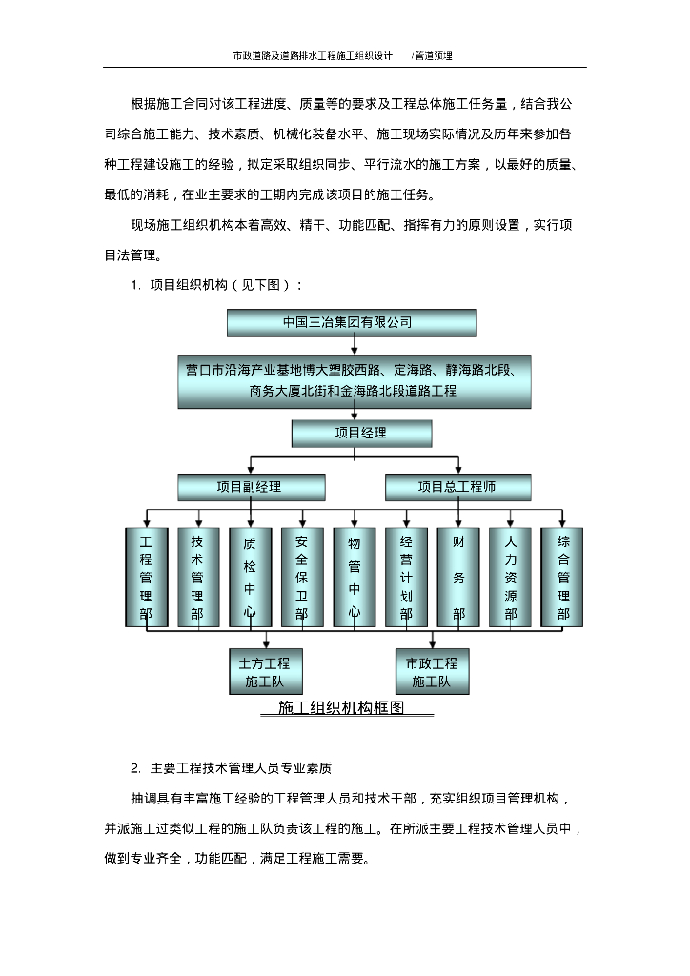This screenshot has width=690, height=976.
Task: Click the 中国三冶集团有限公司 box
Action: (351, 322)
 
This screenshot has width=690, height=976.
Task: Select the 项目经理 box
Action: (361, 434)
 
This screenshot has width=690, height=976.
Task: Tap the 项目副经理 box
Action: (251, 487)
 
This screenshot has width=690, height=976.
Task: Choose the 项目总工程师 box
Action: (457, 487)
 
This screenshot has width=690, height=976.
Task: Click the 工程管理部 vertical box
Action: (146, 578)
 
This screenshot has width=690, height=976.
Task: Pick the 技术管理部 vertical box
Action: (198, 578)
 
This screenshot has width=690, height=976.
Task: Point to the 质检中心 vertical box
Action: (250, 578)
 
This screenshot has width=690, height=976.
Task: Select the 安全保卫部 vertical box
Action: (302, 578)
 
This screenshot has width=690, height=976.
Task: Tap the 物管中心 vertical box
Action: (354, 578)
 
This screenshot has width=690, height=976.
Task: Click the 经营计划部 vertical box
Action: (406, 578)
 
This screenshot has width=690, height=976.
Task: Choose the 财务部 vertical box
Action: (458, 578)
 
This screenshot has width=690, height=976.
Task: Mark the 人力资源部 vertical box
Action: (510, 578)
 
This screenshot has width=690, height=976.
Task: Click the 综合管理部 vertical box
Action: (562, 578)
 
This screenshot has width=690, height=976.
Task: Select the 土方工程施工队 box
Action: (267, 672)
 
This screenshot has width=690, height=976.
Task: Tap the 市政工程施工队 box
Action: (432, 672)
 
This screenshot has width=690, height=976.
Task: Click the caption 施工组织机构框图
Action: (341, 708)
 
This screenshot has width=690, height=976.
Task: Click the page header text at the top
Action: (343, 55)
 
